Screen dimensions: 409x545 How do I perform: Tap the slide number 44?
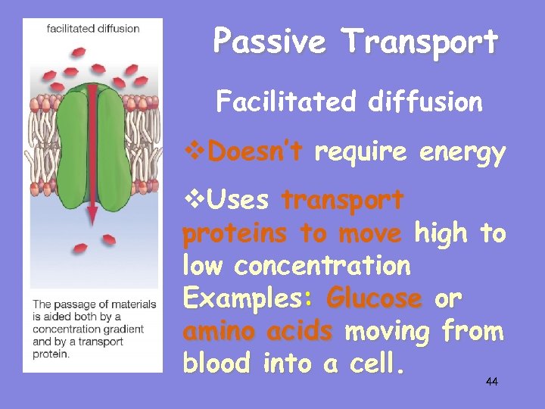(x=491, y=381)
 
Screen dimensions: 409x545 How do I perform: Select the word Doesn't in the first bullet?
(x=255, y=152)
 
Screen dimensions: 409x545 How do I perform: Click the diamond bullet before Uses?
(x=190, y=201)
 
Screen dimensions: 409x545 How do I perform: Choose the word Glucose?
(x=373, y=298)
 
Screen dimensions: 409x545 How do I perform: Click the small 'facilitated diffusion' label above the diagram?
(x=92, y=29)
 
